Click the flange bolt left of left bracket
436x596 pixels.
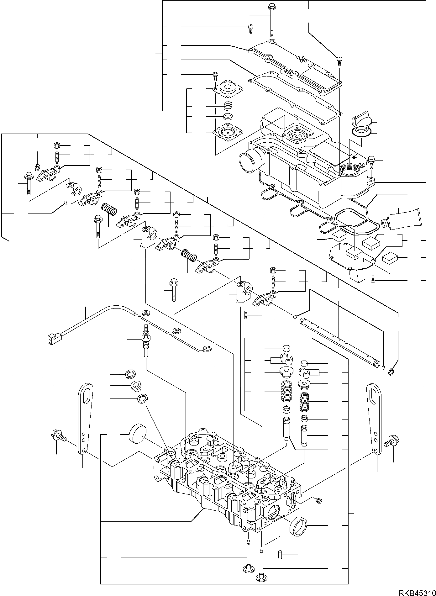(57, 436)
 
